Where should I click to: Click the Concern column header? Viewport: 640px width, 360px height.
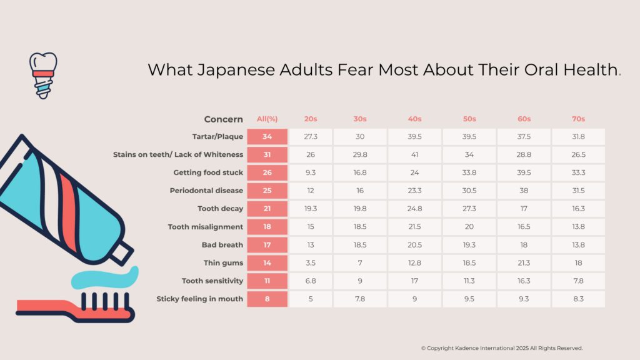(224, 119)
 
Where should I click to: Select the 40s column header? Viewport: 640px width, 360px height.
(414, 119)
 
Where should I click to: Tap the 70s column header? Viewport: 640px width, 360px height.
(578, 119)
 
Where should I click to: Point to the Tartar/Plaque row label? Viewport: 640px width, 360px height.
(217, 137)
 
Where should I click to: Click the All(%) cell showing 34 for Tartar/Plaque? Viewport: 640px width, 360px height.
(267, 137)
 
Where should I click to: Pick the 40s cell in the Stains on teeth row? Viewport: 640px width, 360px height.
(414, 154)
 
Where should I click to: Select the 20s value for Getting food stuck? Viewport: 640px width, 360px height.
(310, 172)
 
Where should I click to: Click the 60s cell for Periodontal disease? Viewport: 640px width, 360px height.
(524, 191)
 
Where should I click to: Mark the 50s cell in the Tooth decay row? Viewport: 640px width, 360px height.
(469, 209)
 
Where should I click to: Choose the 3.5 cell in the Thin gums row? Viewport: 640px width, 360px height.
(310, 263)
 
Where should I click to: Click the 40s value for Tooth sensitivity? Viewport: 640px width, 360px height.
(414, 281)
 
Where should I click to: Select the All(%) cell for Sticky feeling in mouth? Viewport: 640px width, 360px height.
(267, 299)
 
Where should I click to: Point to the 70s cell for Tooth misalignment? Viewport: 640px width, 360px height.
(578, 227)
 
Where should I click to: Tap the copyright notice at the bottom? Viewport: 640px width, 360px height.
(502, 348)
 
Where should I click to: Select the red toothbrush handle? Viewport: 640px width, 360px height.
(44, 306)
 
